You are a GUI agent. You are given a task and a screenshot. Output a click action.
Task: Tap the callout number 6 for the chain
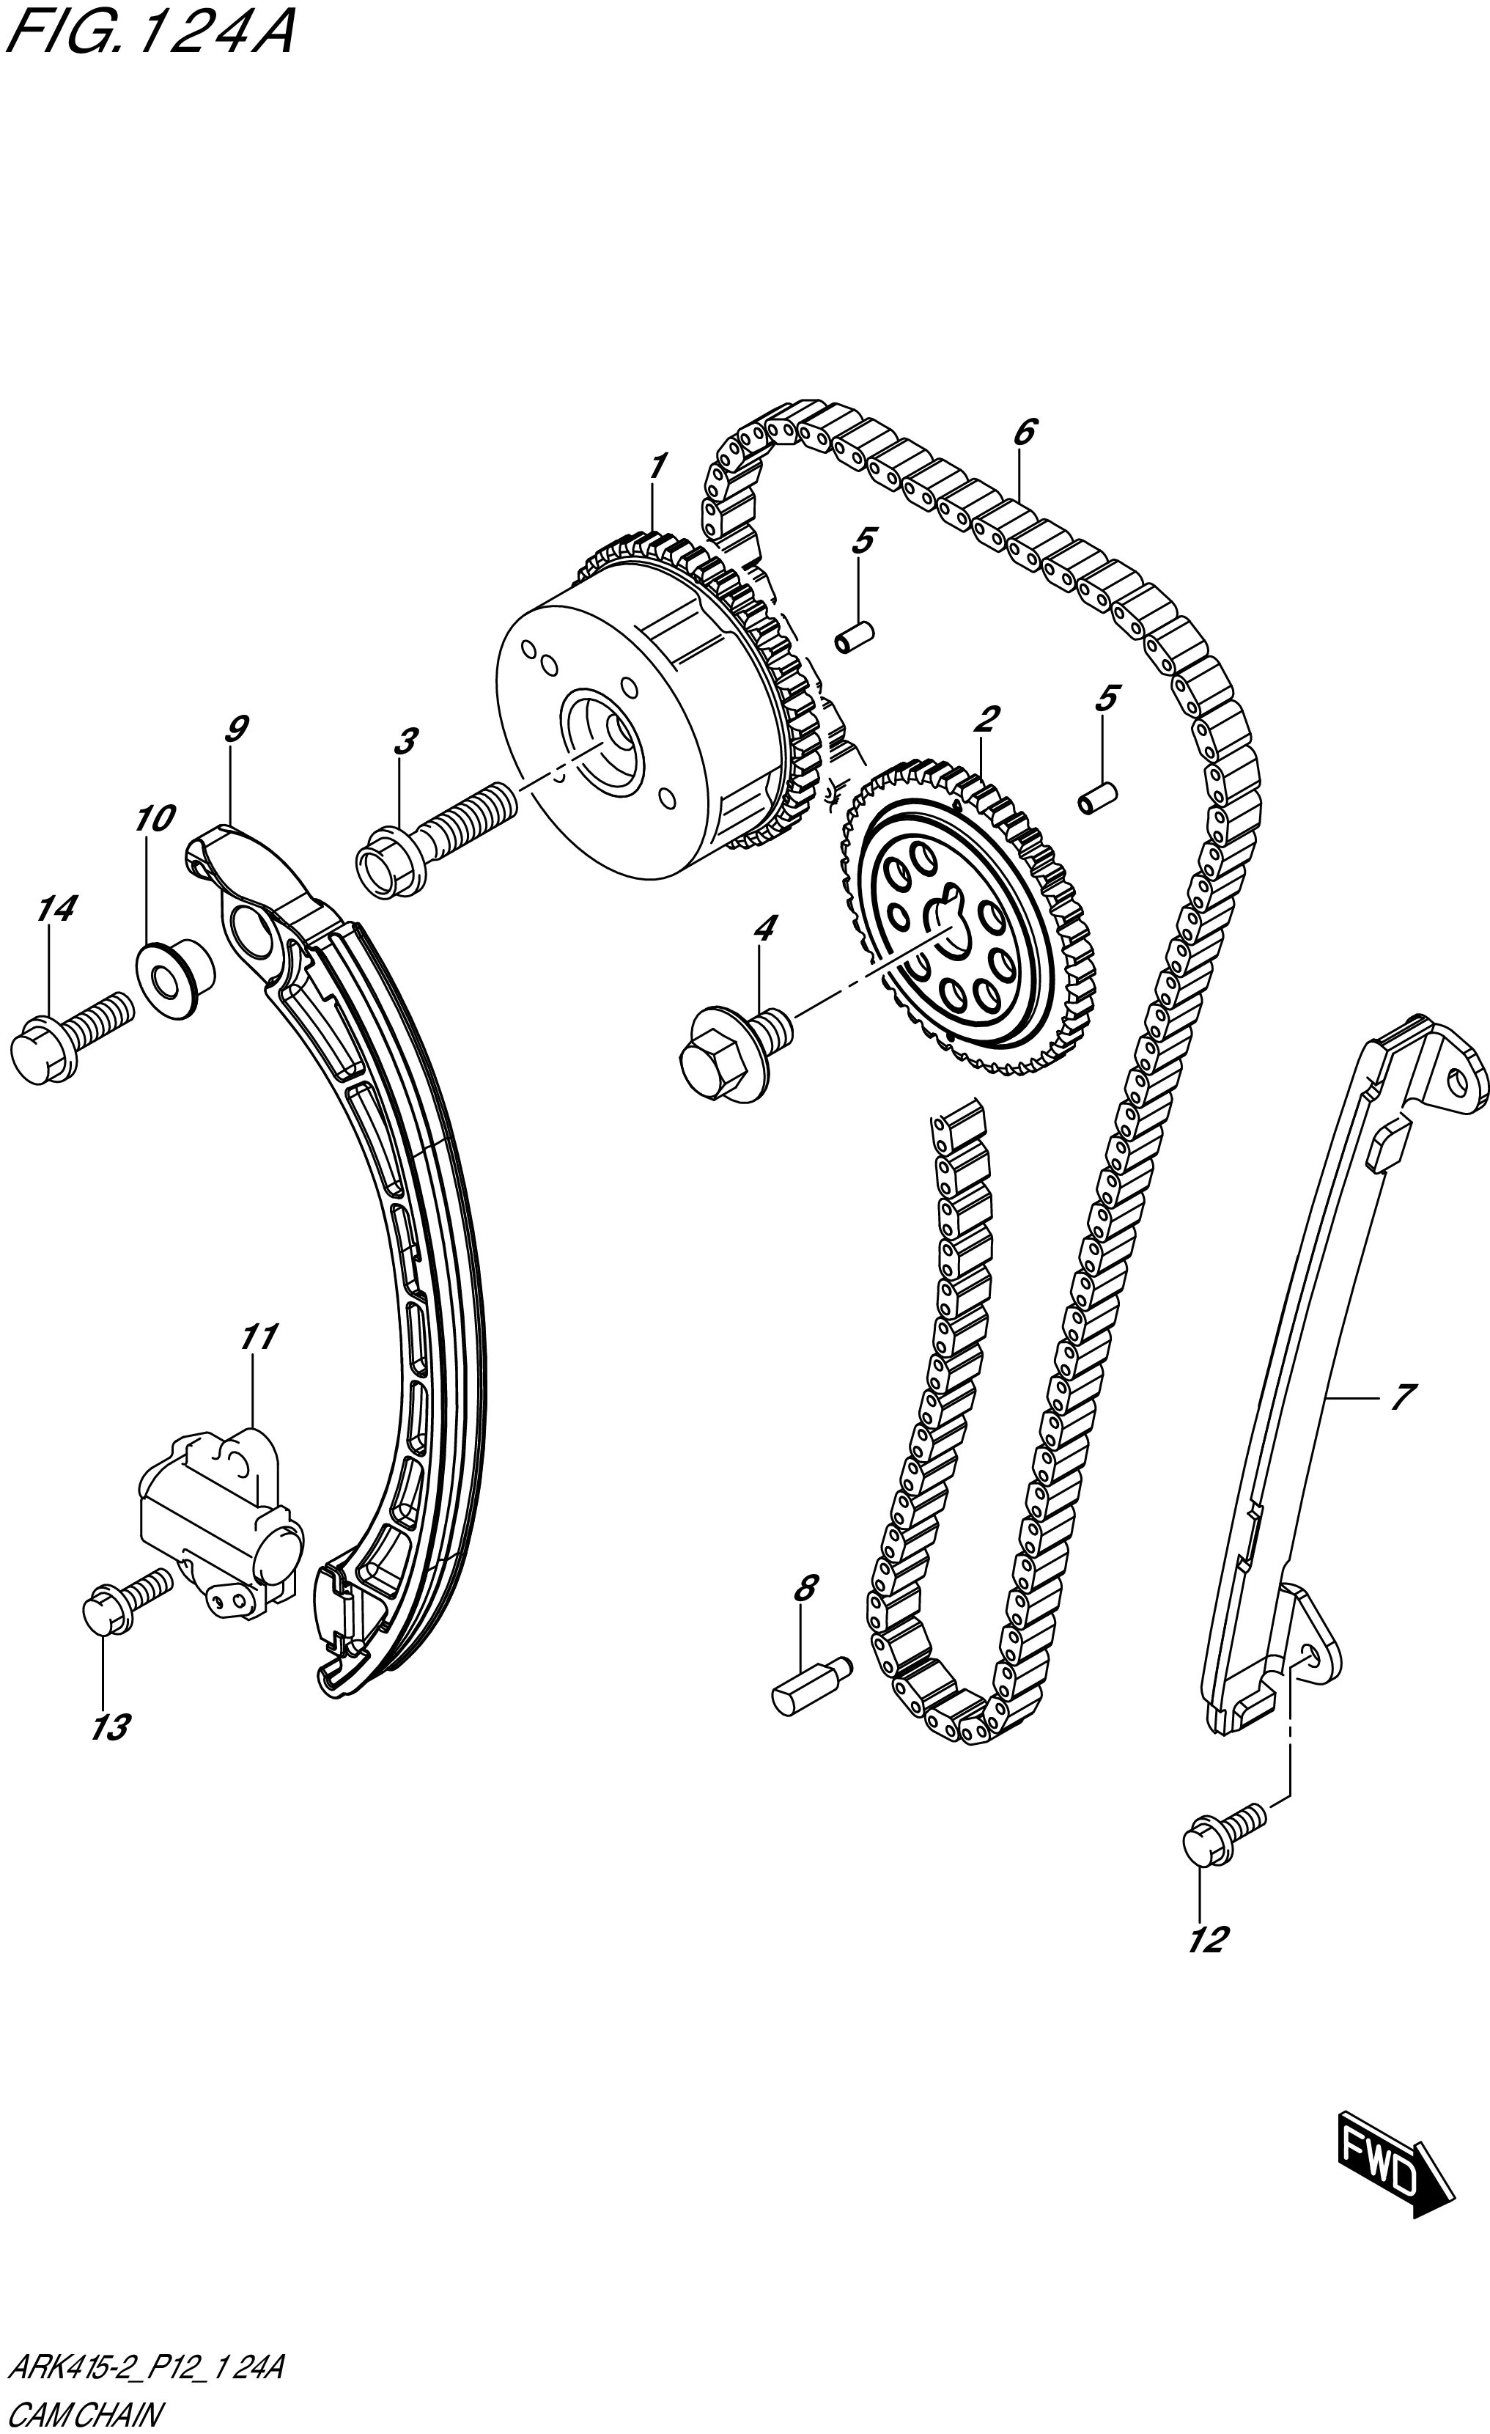click(1024, 432)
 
